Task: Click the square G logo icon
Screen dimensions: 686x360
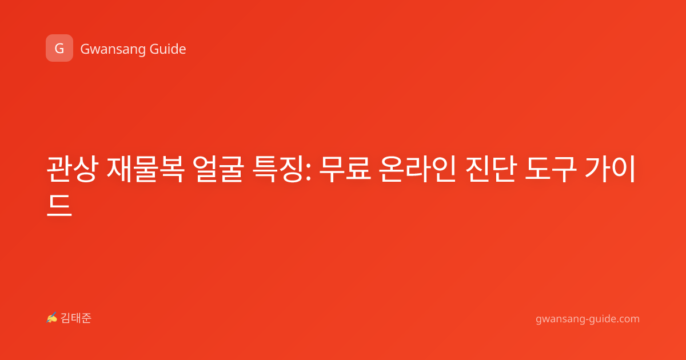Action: pyautogui.click(x=59, y=48)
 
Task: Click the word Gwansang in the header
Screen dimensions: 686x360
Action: pyautogui.click(x=113, y=50)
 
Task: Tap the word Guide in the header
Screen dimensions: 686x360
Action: pyautogui.click(x=168, y=49)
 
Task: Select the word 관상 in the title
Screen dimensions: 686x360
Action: pyautogui.click(x=72, y=169)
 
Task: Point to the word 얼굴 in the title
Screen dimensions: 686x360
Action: pyautogui.click(x=218, y=169)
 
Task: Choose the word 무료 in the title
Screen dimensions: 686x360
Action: pyautogui.click(x=345, y=169)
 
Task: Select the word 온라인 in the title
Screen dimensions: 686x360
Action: pyautogui.click(x=418, y=169)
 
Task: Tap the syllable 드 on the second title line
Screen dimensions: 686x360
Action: pyautogui.click(x=59, y=205)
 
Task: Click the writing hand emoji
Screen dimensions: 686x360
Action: pyautogui.click(x=52, y=318)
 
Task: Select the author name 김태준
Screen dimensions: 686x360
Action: pyautogui.click(x=76, y=318)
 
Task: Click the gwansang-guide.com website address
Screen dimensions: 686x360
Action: pyautogui.click(x=588, y=319)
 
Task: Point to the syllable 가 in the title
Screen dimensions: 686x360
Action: pyautogui.click(x=597, y=169)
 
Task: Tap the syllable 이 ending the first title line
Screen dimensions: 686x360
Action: pyautogui.click(x=623, y=169)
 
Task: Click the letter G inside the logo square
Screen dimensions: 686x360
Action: pyautogui.click(x=59, y=49)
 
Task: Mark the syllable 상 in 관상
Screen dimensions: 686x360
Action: pyautogui.click(x=86, y=169)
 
